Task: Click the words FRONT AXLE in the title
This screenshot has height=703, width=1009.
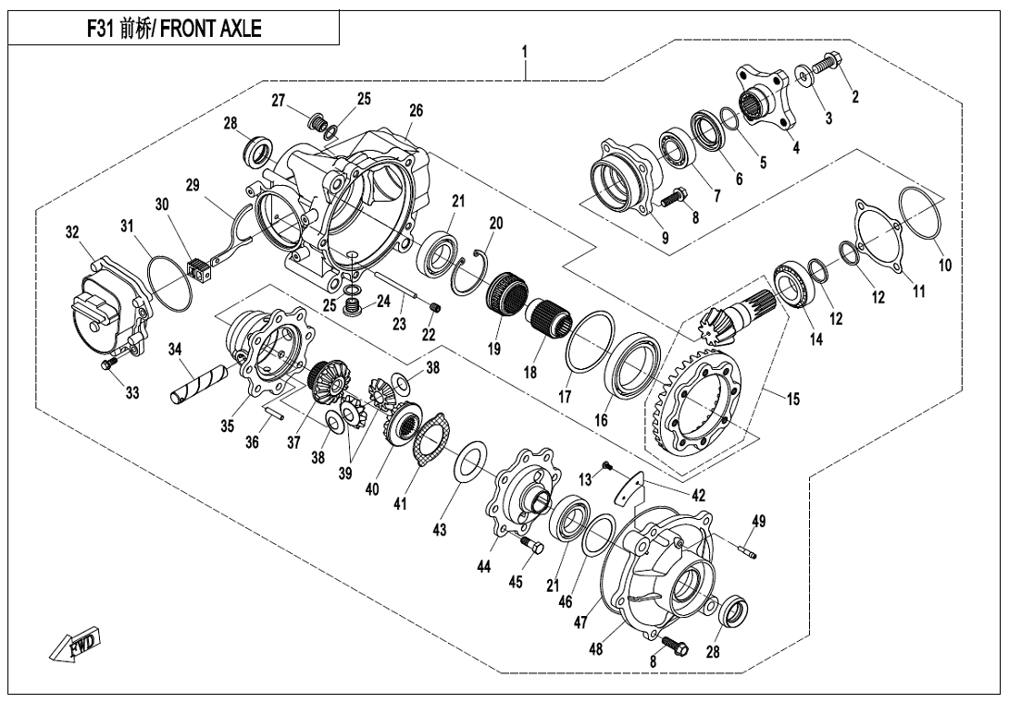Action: [x=214, y=30]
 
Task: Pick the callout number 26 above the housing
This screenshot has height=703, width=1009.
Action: [x=416, y=110]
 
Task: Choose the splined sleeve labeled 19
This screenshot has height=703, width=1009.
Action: [x=506, y=293]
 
